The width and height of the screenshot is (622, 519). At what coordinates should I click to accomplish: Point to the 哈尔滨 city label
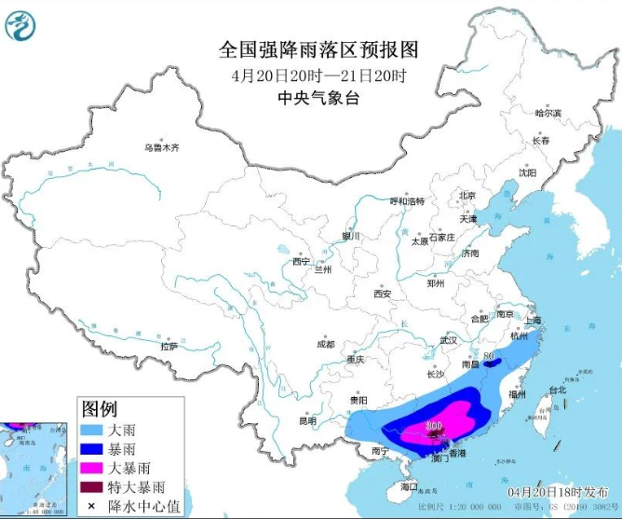click(x=548, y=113)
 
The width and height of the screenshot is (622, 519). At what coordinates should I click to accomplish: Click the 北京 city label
click(x=466, y=195)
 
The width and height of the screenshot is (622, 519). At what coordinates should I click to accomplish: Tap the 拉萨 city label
click(x=169, y=346)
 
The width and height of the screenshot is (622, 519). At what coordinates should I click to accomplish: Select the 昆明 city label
click(x=306, y=420)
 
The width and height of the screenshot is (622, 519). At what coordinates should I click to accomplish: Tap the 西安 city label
click(x=383, y=294)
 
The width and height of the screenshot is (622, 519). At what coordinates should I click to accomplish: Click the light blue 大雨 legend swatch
click(x=93, y=431)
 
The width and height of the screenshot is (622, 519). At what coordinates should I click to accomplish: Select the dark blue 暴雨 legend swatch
click(x=93, y=450)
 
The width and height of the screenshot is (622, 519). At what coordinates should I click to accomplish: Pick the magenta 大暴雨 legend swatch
click(x=93, y=469)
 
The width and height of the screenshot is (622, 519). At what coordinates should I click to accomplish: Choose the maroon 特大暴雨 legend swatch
click(x=93, y=487)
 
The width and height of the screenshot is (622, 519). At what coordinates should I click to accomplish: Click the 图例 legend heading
click(x=100, y=409)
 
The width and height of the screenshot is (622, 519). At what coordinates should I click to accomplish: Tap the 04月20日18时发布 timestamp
click(x=558, y=490)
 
